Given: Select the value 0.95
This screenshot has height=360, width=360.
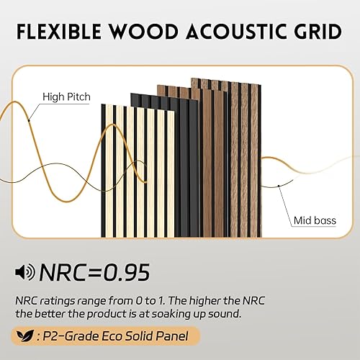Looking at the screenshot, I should pos(122,272).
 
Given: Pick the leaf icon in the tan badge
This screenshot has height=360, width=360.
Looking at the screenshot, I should pos(26,336).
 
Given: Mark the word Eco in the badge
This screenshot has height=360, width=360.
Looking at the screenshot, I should pos(107,336).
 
